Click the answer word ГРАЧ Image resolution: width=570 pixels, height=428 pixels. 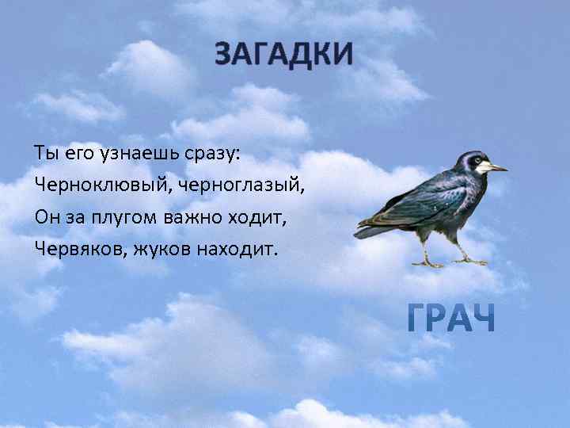pos(450,319)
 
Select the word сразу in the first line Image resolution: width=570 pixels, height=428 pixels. pos(211,152)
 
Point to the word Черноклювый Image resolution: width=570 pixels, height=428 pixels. pos(96,185)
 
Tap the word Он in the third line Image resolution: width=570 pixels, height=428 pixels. pos(44,217)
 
